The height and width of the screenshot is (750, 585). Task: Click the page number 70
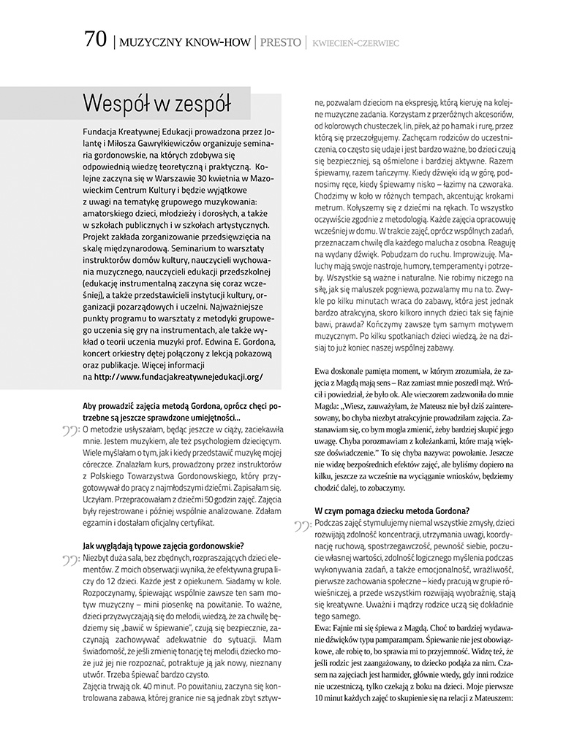tap(95, 40)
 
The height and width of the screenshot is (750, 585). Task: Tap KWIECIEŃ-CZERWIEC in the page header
tap(355, 43)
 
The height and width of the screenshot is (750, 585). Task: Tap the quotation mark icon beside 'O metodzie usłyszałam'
tap(72, 432)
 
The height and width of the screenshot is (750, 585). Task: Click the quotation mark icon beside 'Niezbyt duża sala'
tap(72, 561)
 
